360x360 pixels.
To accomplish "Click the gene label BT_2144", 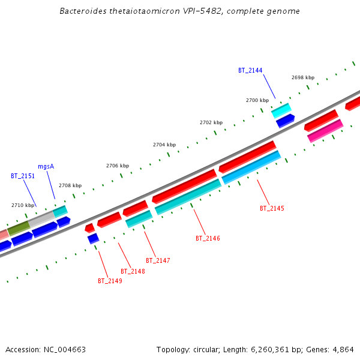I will pos(250,70).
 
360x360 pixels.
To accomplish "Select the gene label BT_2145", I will pos(272,208).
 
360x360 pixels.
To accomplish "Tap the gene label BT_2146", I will pos(208,238).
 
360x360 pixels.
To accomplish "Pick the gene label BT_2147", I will pos(158,260).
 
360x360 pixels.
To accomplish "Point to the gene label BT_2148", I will pos(133,271).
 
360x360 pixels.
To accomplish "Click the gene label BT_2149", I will pos(110,281).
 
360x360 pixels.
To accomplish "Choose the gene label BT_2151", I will pos(23,176).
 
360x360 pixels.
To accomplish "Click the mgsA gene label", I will pos(46,166).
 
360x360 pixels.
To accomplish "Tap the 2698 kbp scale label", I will pos(302,77).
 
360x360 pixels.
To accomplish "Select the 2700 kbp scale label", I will pos(257,100).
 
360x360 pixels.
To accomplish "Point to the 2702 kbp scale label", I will pos(211,122).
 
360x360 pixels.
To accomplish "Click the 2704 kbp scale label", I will pos(164,145).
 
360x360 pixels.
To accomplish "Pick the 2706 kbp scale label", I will pos(118,166).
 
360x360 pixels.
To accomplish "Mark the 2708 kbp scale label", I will pos(70,185).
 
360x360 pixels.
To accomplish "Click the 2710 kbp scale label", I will pos(23,205).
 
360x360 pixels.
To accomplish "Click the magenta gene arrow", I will pos(325,131).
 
